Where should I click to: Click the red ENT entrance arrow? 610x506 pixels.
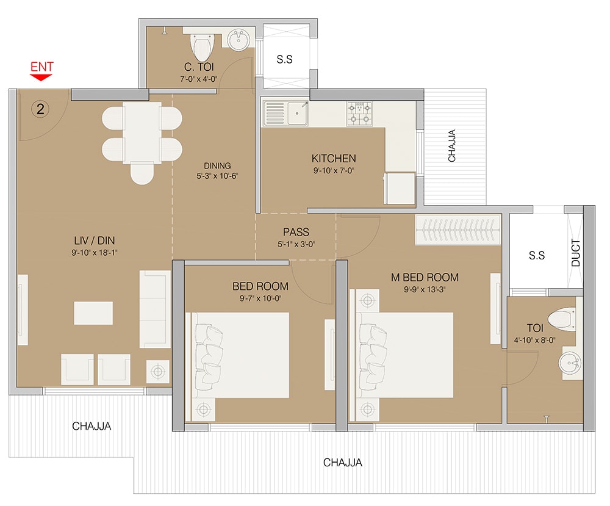click(41, 77)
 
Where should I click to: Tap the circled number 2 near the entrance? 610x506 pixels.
click(40, 109)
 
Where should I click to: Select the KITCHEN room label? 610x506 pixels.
click(334, 159)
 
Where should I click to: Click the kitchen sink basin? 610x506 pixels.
click(298, 114)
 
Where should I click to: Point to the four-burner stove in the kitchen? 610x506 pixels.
click(359, 114)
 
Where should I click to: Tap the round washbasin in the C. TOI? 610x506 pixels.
click(238, 40)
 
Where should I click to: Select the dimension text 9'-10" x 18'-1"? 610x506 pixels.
click(94, 253)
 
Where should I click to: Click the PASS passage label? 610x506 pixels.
click(296, 232)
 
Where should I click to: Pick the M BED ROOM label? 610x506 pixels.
click(425, 277)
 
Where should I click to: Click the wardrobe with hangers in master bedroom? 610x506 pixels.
click(458, 230)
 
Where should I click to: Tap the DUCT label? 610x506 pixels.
click(576, 253)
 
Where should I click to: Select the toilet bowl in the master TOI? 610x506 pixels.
click(562, 319)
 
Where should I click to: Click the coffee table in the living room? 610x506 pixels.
click(93, 313)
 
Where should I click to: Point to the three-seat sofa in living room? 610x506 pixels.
click(155, 309)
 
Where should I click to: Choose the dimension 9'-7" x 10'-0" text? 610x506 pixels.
click(260, 298)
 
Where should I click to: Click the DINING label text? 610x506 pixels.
click(217, 166)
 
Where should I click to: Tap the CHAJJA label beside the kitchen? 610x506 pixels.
click(451, 146)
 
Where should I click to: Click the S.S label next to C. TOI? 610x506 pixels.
click(284, 59)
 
